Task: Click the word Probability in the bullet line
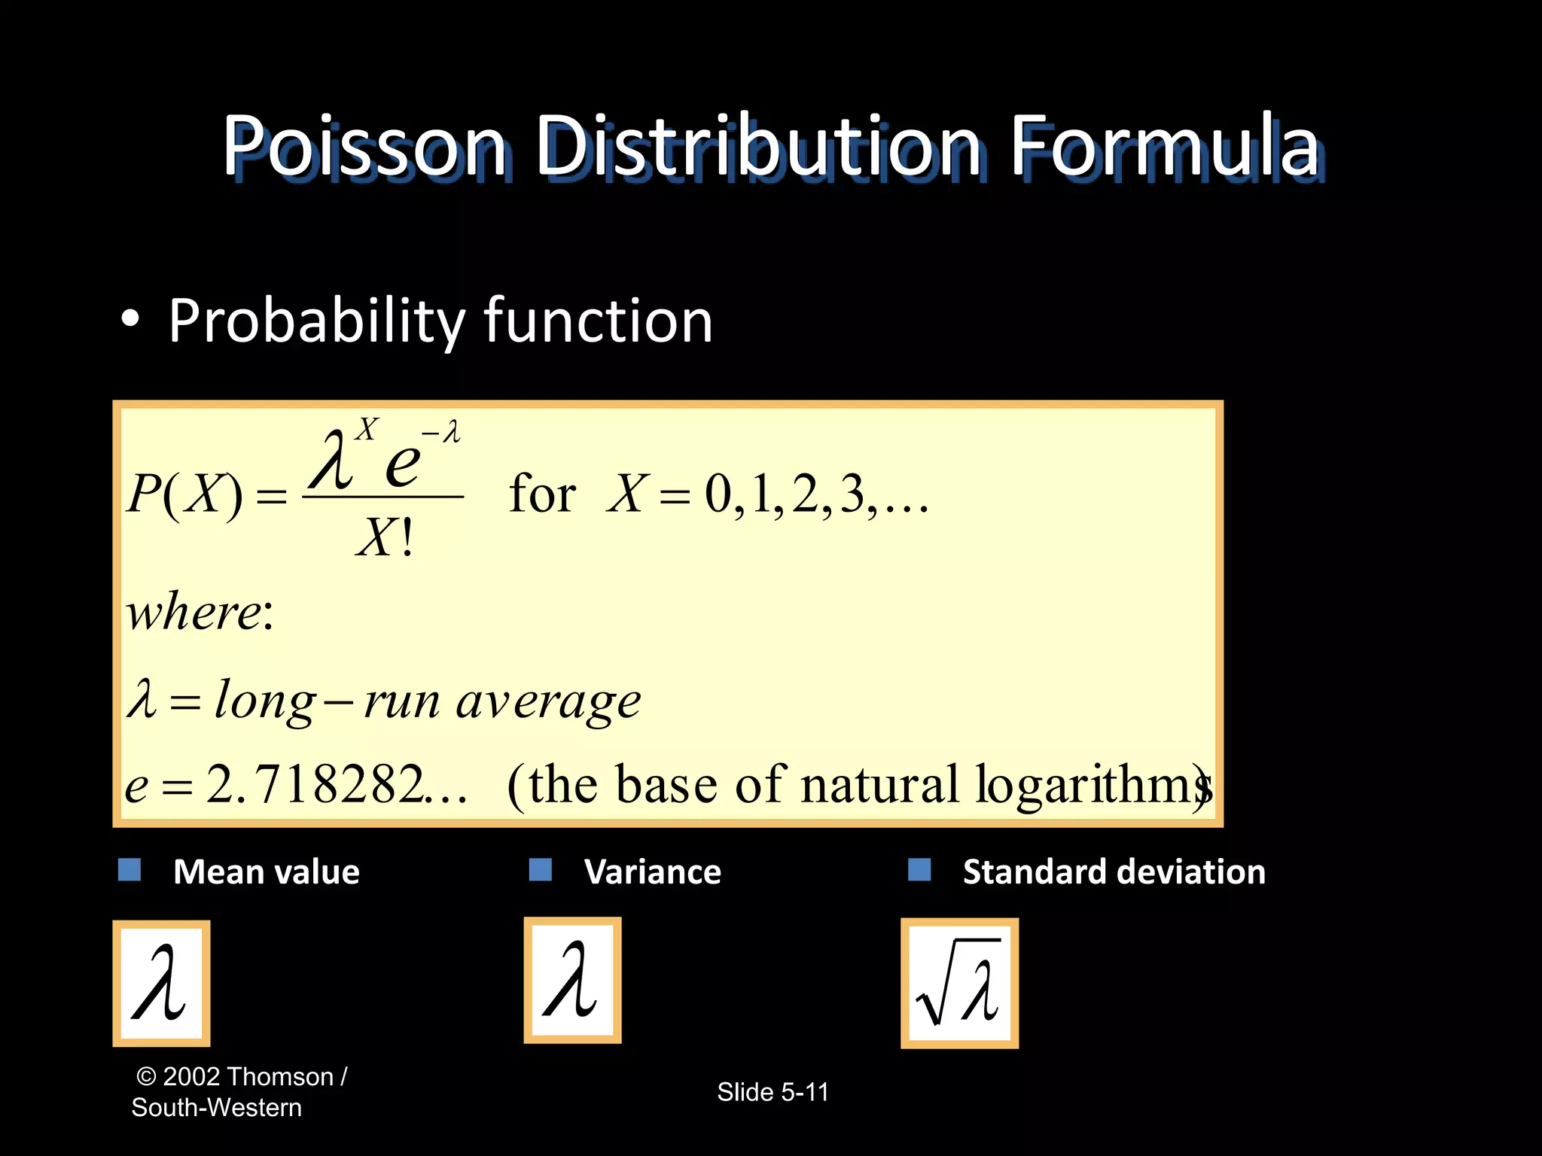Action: click(x=316, y=322)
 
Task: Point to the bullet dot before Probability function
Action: click(x=130, y=319)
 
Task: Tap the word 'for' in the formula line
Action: click(x=542, y=494)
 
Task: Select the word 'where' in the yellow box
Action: click(x=194, y=611)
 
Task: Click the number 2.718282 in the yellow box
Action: click(x=314, y=785)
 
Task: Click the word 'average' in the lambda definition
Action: click(x=548, y=701)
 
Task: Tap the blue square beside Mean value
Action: click(x=130, y=870)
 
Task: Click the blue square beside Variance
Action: click(x=541, y=870)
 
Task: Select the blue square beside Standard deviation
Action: click(x=919, y=870)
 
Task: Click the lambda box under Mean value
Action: click(x=161, y=983)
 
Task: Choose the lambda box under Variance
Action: click(x=572, y=980)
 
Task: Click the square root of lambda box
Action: click(x=959, y=983)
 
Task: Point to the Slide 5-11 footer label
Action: click(x=773, y=1092)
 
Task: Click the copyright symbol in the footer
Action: click(x=146, y=1077)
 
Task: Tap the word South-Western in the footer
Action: click(x=217, y=1108)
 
